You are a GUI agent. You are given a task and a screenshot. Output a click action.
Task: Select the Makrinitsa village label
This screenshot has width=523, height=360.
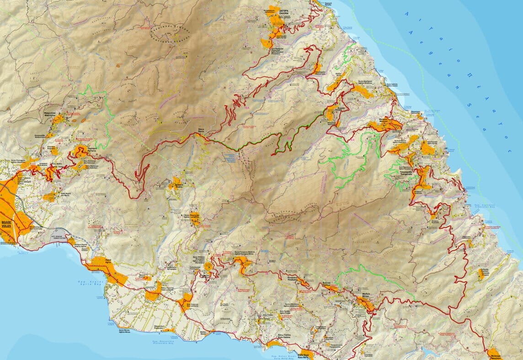53,113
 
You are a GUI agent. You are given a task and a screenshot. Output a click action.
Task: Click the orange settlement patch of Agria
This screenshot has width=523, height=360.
108,268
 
